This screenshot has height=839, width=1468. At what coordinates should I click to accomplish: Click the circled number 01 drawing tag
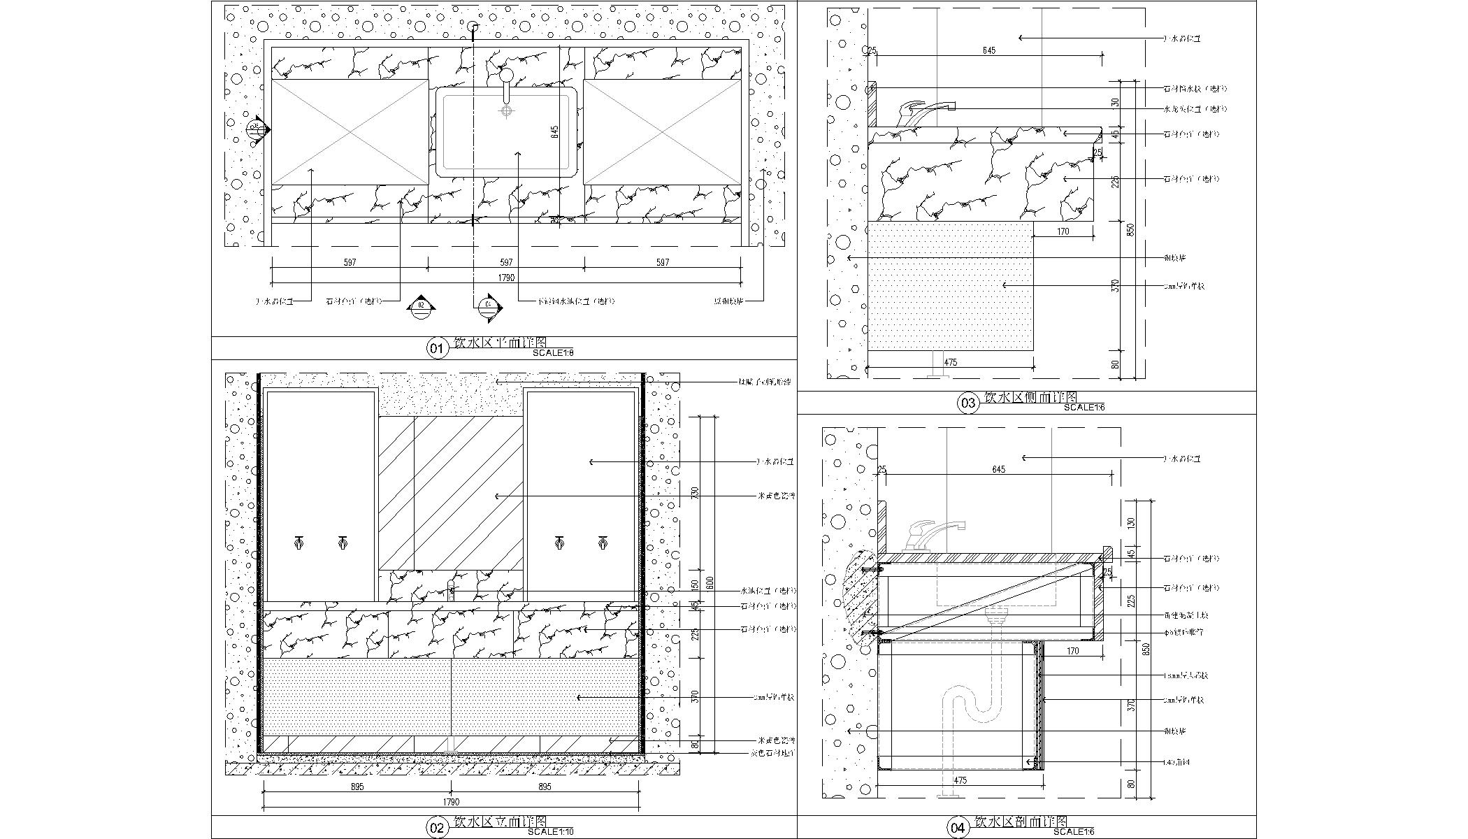click(x=437, y=348)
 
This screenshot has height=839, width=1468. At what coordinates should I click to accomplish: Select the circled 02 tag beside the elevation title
click(x=437, y=828)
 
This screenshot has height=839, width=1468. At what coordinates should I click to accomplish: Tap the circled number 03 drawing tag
click(x=968, y=403)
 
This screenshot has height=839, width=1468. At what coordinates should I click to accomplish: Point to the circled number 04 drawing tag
click(x=958, y=828)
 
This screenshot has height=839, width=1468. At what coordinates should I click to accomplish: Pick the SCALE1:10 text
click(x=550, y=832)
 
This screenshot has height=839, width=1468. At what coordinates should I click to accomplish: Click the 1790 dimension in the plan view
click(x=506, y=278)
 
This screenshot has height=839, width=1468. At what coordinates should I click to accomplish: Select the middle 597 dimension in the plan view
click(x=506, y=262)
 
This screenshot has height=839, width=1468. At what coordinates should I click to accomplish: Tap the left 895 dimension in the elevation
click(x=357, y=787)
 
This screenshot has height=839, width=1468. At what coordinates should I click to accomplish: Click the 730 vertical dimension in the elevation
click(x=695, y=493)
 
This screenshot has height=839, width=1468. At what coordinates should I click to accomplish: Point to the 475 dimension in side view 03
click(x=950, y=362)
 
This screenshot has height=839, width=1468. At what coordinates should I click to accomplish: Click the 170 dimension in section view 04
click(x=1073, y=651)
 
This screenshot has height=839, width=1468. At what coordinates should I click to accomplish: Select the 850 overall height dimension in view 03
click(x=1131, y=229)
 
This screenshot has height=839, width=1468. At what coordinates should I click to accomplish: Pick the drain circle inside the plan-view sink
click(x=506, y=110)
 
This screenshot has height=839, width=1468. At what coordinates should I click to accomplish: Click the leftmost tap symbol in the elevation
click(x=299, y=543)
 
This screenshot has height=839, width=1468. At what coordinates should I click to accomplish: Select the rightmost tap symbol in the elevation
click(x=603, y=543)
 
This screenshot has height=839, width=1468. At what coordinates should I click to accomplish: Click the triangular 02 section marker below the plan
click(x=421, y=306)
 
